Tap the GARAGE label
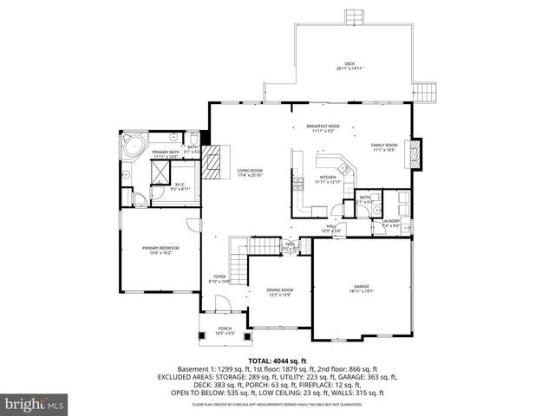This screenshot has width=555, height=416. pos(361,289)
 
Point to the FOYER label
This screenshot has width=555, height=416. pos(220,279)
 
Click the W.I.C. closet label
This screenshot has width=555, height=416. pos(180,185)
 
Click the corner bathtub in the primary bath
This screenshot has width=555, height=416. pos(134,146)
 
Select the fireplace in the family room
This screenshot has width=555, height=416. pos(415,149)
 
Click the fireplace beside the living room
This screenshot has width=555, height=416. pos(219,161)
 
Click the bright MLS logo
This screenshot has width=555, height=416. pos(34,404)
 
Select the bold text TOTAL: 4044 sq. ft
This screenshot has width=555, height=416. pos(277,361)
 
